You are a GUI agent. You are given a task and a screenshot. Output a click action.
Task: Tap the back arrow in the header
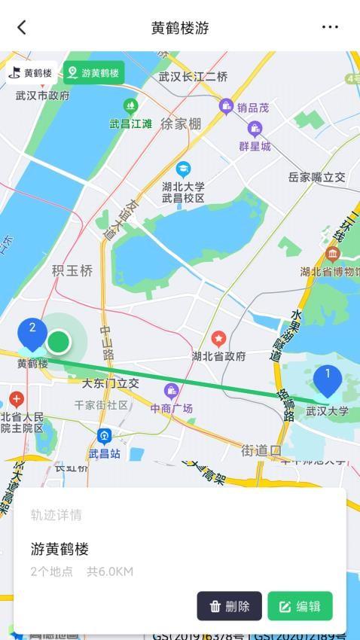tap(22, 27)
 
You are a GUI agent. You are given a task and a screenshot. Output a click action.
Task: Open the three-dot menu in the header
tap(330, 27)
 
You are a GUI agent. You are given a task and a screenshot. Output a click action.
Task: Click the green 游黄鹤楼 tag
tap(94, 73)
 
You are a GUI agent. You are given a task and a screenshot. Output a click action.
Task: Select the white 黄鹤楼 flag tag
tap(31, 73)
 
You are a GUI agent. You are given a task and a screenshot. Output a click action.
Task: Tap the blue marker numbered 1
tap(328, 380)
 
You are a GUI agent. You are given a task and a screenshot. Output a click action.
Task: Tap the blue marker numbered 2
tap(32, 334)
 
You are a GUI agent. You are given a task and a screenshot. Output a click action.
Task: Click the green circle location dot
tap(58, 343)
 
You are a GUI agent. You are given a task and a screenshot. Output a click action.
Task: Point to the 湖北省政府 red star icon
tap(218, 340)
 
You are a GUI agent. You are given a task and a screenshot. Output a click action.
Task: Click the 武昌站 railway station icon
tap(104, 436)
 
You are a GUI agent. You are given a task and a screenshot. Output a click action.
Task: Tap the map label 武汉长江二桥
tap(193, 77)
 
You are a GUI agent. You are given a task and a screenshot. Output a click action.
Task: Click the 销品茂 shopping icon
tap(226, 106)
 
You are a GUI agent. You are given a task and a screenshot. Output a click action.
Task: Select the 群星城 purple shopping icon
tap(255, 129)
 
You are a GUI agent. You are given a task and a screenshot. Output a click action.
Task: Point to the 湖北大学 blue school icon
tap(183, 169)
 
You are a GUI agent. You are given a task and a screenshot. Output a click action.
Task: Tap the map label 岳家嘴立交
tap(316, 178)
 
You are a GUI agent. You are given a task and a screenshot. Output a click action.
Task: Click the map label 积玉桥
tap(72, 270)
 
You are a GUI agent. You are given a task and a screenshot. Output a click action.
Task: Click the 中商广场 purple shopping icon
tap(171, 391)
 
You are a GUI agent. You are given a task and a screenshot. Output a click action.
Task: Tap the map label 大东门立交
tap(111, 383)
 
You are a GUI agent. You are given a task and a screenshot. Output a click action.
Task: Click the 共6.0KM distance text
tap(110, 571)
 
